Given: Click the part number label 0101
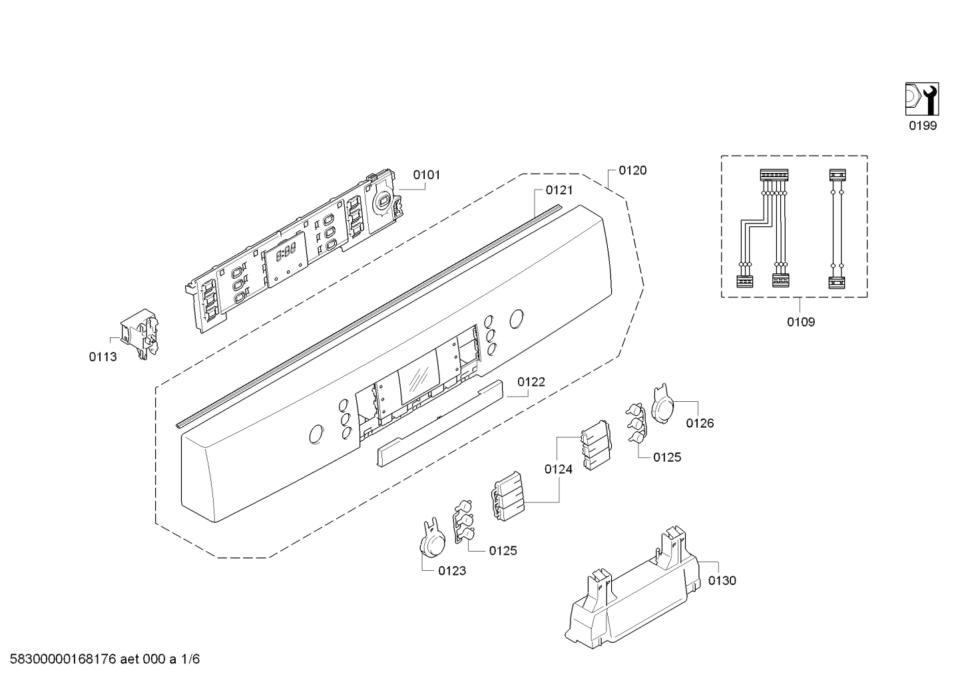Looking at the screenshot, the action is (x=427, y=175).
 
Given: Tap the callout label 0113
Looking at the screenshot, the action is (x=103, y=357).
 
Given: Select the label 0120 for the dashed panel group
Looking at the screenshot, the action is (x=632, y=170).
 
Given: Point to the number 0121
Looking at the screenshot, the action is (x=559, y=190).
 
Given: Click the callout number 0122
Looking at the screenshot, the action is (x=531, y=382).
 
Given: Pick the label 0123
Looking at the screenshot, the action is (x=452, y=570).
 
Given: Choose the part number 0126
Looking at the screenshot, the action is (x=700, y=423).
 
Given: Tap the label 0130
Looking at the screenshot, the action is (x=722, y=580).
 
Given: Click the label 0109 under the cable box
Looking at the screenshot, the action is (x=801, y=321).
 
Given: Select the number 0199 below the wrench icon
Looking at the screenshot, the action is (x=923, y=126).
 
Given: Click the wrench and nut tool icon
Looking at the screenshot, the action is (x=922, y=99).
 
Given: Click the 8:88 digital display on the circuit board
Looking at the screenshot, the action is (x=286, y=254).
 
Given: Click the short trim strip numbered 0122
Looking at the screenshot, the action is (x=439, y=423).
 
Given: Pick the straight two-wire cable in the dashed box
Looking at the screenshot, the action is (x=837, y=229).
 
